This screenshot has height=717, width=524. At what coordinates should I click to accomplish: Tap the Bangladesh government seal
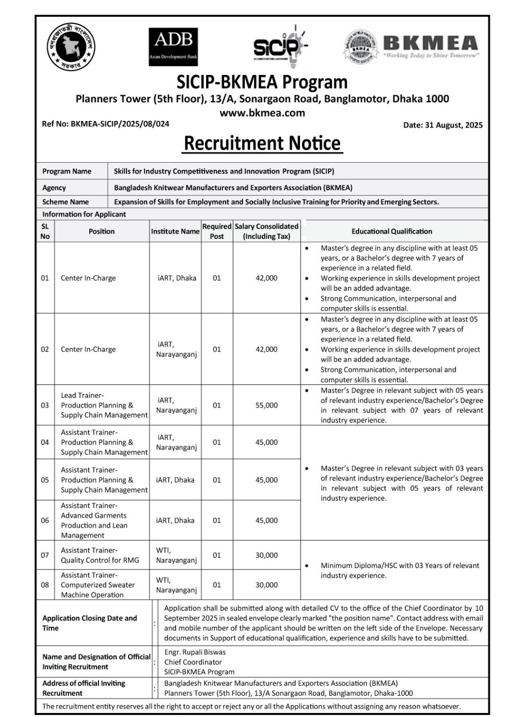71,47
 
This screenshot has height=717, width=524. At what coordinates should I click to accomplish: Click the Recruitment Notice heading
262,143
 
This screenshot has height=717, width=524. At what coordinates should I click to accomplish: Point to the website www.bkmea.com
262,113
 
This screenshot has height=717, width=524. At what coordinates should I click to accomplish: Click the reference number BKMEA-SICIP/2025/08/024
106,124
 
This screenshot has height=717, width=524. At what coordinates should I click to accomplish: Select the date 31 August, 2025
442,125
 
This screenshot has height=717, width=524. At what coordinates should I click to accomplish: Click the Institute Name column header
175,231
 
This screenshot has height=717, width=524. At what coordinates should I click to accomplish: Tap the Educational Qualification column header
391,231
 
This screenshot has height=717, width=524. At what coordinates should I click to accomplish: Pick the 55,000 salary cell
266,405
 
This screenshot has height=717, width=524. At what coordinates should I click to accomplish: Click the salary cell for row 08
266,585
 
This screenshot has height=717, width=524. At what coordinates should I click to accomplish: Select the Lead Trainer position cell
104,405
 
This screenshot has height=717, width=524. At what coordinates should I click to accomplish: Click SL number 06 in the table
45,521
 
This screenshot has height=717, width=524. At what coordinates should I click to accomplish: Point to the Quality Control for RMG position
100,555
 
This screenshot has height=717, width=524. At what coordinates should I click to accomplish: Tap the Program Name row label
67,171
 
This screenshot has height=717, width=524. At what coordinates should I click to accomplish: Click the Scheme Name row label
65,202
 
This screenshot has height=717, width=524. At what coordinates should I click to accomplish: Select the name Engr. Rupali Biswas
195,652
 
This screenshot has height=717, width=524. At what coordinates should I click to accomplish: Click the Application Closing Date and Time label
90,623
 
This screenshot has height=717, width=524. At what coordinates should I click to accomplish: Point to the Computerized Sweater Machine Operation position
97,585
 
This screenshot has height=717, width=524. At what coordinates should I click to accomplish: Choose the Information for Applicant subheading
84,214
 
